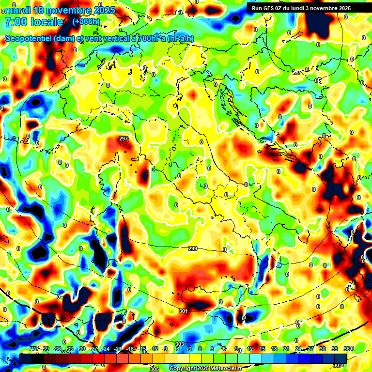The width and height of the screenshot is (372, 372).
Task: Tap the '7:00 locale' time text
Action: click(34, 22)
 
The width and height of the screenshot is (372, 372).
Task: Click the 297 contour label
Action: click(124, 139)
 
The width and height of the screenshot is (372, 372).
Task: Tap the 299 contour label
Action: click(192, 248)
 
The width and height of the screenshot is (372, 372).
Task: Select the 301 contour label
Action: click(183, 311)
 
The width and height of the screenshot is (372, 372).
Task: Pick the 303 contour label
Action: click(179, 344)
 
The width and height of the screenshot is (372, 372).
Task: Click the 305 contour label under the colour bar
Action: click(154, 369)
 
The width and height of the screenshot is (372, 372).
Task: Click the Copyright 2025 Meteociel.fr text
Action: click(206, 369)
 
